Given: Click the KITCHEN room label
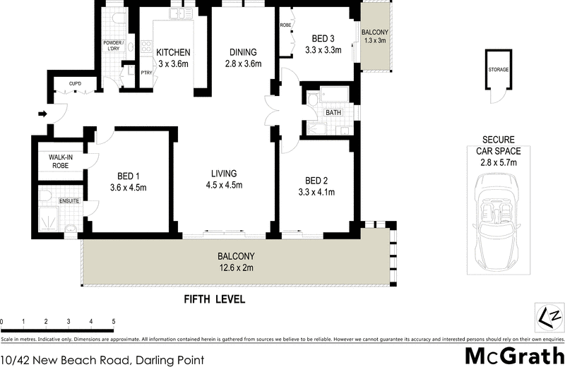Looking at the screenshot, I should click(173, 52).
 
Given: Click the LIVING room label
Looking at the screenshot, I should click(223, 174).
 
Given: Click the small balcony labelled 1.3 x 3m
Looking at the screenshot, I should click(375, 42).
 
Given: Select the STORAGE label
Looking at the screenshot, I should click(499, 70).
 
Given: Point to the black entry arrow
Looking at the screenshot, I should click(42, 113).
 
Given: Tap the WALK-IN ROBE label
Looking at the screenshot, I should click(61, 162).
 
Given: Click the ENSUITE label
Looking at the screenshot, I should click(69, 201).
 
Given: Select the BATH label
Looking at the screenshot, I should click(333, 113).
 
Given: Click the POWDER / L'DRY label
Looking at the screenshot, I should click(114, 47).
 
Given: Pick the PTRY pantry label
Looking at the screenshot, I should click(147, 72).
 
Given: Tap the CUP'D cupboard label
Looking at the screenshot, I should click(74, 85).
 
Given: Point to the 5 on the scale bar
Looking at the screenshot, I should click(113, 322).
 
